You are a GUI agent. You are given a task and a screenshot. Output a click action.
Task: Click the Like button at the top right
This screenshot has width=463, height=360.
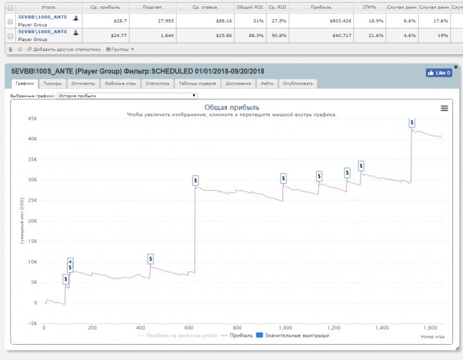click(x=439, y=73)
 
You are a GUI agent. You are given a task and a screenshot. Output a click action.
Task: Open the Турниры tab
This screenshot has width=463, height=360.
click(x=53, y=84)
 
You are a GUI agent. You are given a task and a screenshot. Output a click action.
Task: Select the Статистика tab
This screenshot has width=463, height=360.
click(x=157, y=84)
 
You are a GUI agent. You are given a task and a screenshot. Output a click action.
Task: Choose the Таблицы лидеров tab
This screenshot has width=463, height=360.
click(x=197, y=84)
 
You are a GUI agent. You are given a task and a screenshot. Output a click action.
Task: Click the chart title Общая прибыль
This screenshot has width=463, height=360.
click(x=232, y=107)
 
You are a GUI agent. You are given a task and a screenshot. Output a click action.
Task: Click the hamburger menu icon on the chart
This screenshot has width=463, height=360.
click(x=444, y=108)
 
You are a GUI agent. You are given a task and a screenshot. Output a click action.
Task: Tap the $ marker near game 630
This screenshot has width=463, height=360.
click(x=196, y=180)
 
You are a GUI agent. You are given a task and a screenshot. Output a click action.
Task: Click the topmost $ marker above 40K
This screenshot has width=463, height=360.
click(x=412, y=122)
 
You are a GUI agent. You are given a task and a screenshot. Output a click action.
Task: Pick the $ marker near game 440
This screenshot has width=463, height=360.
click(x=151, y=258)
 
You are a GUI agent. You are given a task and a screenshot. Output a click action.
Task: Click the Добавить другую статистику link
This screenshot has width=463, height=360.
click(x=66, y=49)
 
